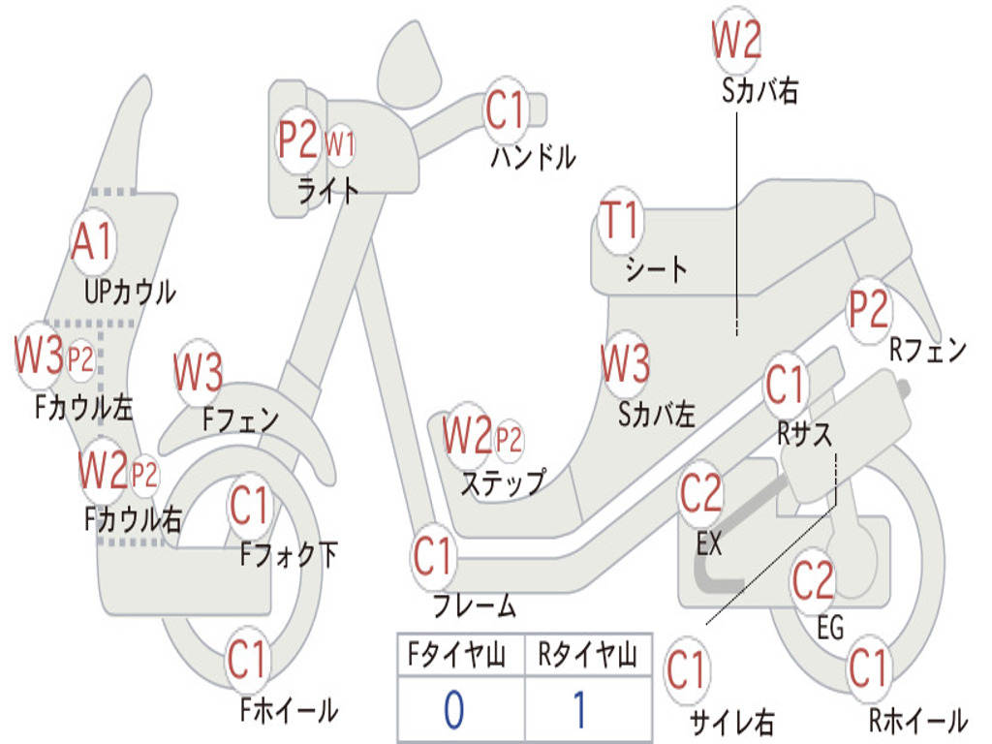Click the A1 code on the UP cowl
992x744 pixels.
pyautogui.click(x=94, y=241)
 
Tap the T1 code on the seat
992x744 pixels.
pyautogui.click(x=621, y=221)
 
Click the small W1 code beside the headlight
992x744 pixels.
pyautogui.click(x=339, y=145)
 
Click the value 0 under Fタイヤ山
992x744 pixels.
pyautogui.click(x=453, y=710)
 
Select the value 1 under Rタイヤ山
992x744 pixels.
pyautogui.click(x=579, y=710)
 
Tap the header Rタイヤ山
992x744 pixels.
pyautogui.click(x=587, y=657)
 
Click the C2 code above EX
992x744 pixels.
pyautogui.click(x=701, y=494)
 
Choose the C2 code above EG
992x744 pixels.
pyautogui.click(x=813, y=580)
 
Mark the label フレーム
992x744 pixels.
pyautogui.click(x=474, y=606)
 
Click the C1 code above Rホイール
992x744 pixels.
pyautogui.click(x=868, y=668)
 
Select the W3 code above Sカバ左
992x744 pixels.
pyautogui.click(x=625, y=364)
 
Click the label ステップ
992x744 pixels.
pyautogui.click(x=502, y=481)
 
